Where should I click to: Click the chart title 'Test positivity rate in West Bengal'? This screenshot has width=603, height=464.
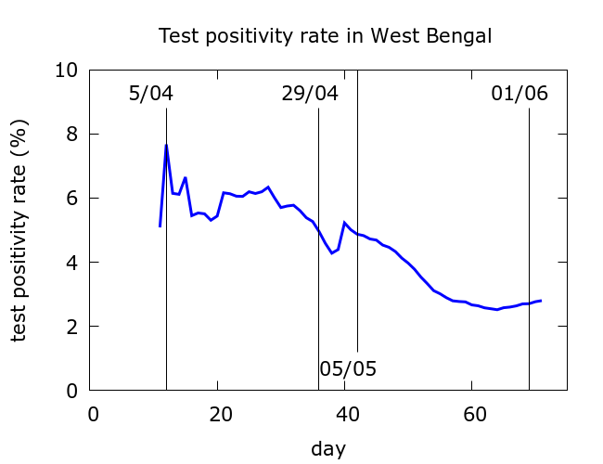coord(325,36)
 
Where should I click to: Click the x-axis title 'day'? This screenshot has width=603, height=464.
coord(328,449)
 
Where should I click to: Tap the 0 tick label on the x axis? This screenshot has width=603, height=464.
coord(93,414)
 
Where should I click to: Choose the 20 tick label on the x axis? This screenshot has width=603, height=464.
coord(219,414)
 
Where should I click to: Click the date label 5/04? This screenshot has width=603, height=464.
coord(151,94)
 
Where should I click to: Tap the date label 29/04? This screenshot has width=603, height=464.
coord(310,94)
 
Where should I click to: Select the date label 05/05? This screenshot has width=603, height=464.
coord(348,368)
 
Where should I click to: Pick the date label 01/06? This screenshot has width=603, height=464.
coord(520,94)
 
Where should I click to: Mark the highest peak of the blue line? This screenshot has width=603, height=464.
coord(166,145)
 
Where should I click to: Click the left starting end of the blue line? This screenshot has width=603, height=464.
coord(160,226)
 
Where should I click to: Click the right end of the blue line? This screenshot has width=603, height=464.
coord(541,301)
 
